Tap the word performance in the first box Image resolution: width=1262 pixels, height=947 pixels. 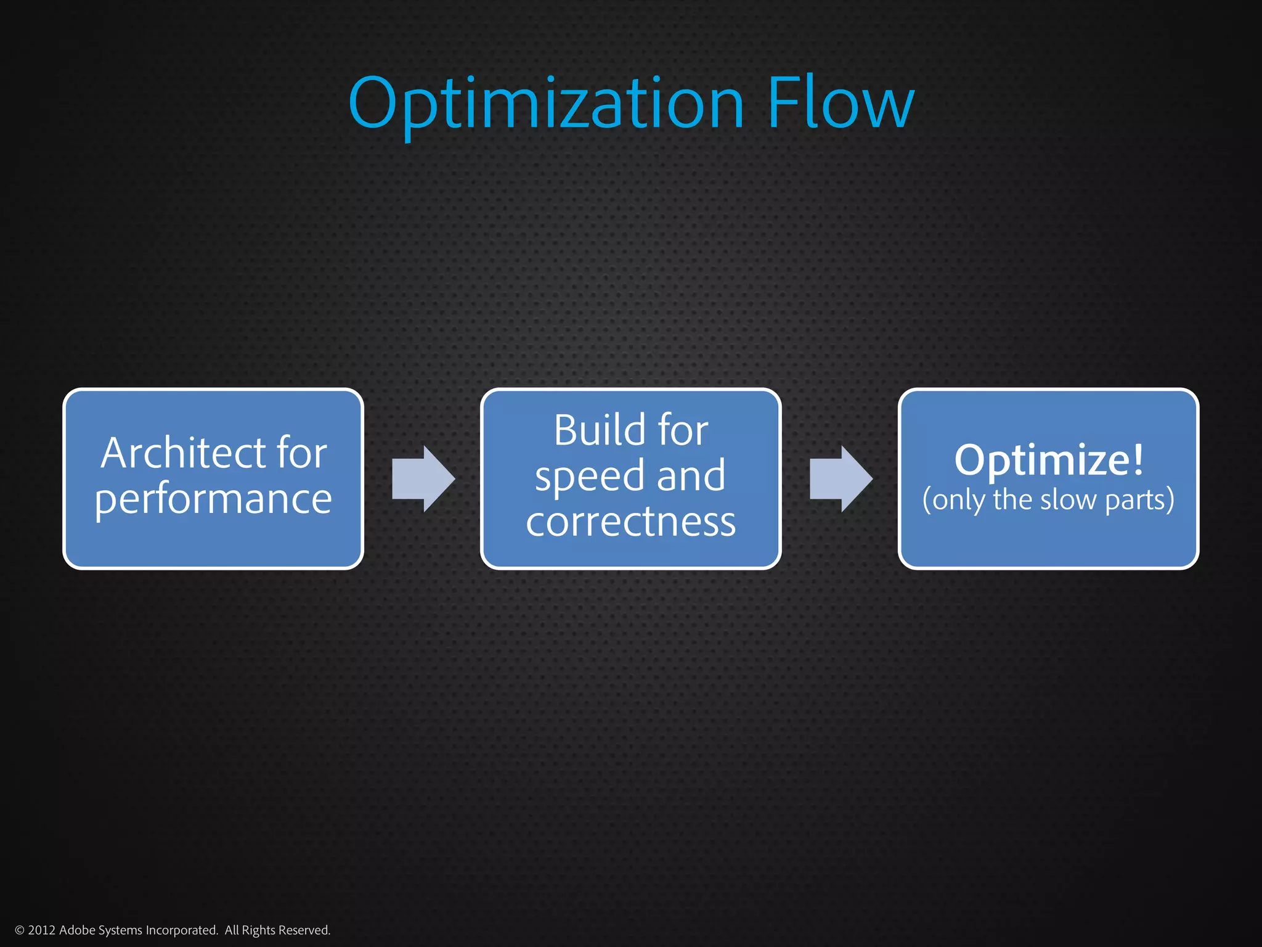[213, 499]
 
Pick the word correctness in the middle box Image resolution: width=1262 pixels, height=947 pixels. [630, 522]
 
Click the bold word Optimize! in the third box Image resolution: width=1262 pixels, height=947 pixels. [1049, 460]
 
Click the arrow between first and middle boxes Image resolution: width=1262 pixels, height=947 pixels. [423, 478]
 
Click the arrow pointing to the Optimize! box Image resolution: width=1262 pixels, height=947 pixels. [841, 478]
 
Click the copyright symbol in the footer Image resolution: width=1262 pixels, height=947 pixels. [19, 930]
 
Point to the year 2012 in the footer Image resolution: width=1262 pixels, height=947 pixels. [42, 930]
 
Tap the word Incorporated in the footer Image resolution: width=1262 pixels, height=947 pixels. [182, 930]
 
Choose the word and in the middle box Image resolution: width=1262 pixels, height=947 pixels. [691, 476]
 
